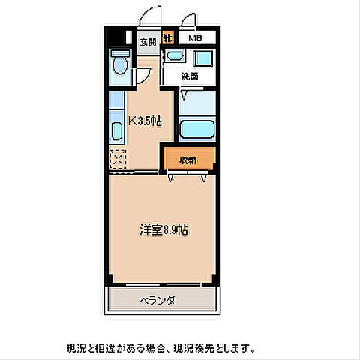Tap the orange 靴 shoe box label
coord(169,37)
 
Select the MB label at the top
coord(194,37)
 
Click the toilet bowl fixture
coord(118,64)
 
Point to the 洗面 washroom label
coord(189,76)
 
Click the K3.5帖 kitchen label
coord(144,121)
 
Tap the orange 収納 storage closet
coord(189,160)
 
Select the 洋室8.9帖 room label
coord(161,229)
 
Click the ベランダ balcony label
coord(157,301)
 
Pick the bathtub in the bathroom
coord(198,128)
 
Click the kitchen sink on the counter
coord(116,130)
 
